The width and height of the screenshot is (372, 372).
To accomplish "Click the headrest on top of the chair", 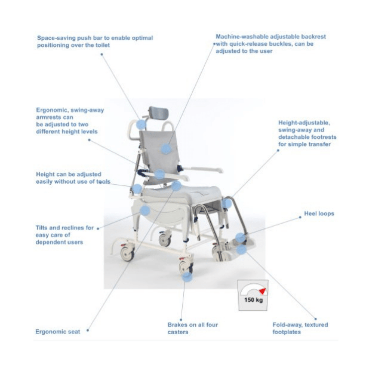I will point(159,113).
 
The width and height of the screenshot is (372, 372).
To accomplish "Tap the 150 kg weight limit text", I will point(253,300).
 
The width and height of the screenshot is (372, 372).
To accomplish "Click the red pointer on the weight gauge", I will point(263,291).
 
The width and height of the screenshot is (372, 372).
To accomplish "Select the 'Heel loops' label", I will point(319,214).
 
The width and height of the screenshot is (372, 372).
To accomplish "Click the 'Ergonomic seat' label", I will point(58,332).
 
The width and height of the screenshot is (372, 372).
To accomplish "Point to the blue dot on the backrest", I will point(166,149).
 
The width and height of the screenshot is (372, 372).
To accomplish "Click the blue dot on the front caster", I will point(187,277).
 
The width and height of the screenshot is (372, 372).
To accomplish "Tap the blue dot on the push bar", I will point(141,124).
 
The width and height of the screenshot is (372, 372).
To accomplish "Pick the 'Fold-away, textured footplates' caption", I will point(300,328).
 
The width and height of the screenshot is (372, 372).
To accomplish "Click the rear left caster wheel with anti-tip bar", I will point(127,253).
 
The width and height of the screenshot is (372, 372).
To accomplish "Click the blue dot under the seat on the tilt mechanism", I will point(145,211).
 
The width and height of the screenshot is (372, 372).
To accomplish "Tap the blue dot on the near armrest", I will point(160,174).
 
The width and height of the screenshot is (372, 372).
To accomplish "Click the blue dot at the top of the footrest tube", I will point(227,203).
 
